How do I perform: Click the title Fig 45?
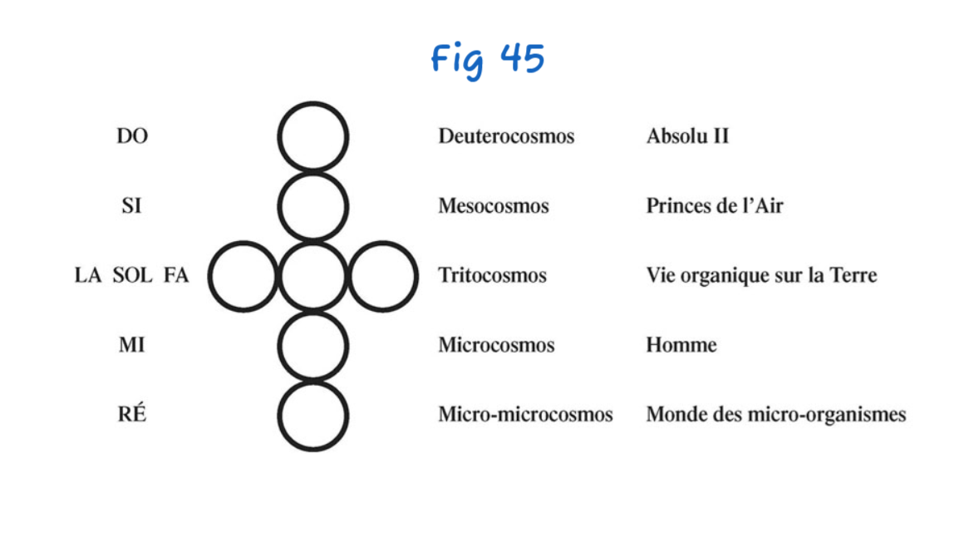(488, 60)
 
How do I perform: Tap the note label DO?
(132, 136)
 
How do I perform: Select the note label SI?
(132, 205)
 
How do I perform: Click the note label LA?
(87, 275)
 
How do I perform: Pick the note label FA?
(176, 275)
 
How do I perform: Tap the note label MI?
(132, 344)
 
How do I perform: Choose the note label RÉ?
(132, 414)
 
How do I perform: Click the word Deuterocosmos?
(506, 136)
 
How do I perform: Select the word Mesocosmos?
(494, 205)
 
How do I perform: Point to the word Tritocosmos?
(492, 275)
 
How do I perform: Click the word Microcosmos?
(496, 345)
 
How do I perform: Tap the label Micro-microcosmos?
(525, 414)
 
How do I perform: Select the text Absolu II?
(687, 136)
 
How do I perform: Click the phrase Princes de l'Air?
(714, 205)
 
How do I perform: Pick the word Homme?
(681, 345)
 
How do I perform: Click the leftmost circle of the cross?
(243, 276)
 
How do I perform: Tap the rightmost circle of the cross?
(383, 276)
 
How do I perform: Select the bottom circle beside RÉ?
(313, 416)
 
